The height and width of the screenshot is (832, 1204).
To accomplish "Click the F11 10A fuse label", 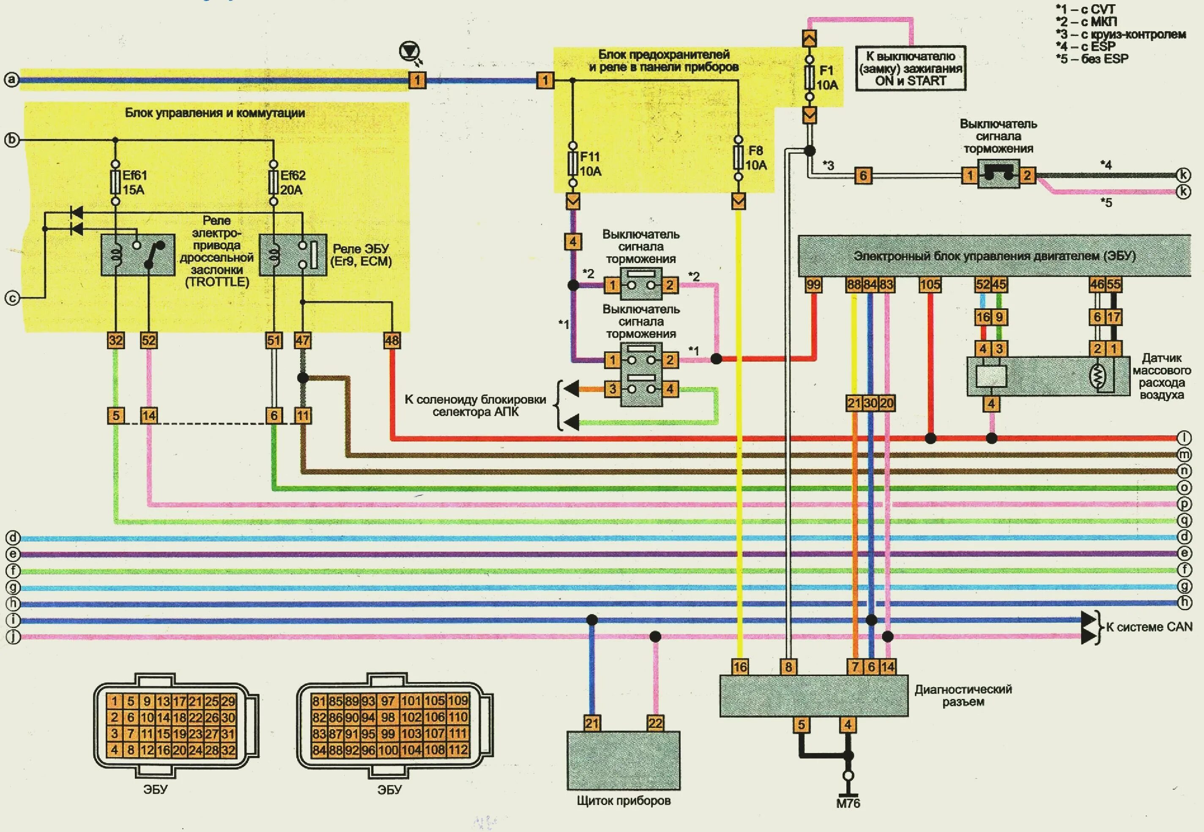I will pos(591,164).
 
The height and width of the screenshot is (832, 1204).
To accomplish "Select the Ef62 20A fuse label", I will pos(292,182).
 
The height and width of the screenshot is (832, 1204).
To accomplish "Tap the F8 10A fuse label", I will pos(755,158).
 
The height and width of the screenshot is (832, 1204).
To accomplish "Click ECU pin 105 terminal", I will pos(930,285).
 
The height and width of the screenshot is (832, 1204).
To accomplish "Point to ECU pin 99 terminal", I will pos(813,285).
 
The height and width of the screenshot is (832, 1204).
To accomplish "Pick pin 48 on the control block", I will pos(392,340).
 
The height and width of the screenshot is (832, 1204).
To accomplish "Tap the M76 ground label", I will pos(848,803).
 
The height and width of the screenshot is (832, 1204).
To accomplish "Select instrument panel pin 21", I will pos(591,723).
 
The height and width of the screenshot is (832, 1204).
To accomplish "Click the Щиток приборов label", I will pos(624,800).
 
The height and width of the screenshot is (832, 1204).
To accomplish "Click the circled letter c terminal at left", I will pos(12,298).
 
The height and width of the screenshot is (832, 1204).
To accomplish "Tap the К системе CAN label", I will pos(1149,627).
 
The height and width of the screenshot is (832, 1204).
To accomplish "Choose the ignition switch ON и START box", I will pos(910,68).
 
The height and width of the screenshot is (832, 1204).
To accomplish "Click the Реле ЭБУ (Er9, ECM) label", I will pos(361,255).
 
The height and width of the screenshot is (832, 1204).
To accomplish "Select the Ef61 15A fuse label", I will pos(134,182).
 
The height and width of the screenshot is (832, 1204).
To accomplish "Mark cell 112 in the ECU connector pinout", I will pos(457,750).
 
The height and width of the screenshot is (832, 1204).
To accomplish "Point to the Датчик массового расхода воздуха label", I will pos(1161,376).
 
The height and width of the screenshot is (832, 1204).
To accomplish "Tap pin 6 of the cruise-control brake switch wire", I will pos(863,176).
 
